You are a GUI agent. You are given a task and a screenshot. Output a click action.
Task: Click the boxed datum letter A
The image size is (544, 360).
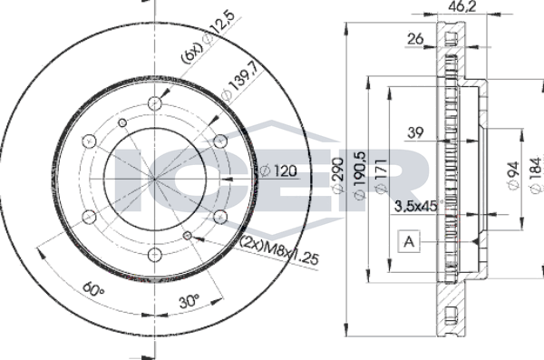(x=409, y=242)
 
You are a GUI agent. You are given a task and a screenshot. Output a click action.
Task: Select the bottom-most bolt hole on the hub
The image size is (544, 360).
(x=154, y=254)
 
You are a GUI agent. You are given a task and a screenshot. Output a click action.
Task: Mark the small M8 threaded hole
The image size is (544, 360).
(x=187, y=236)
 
